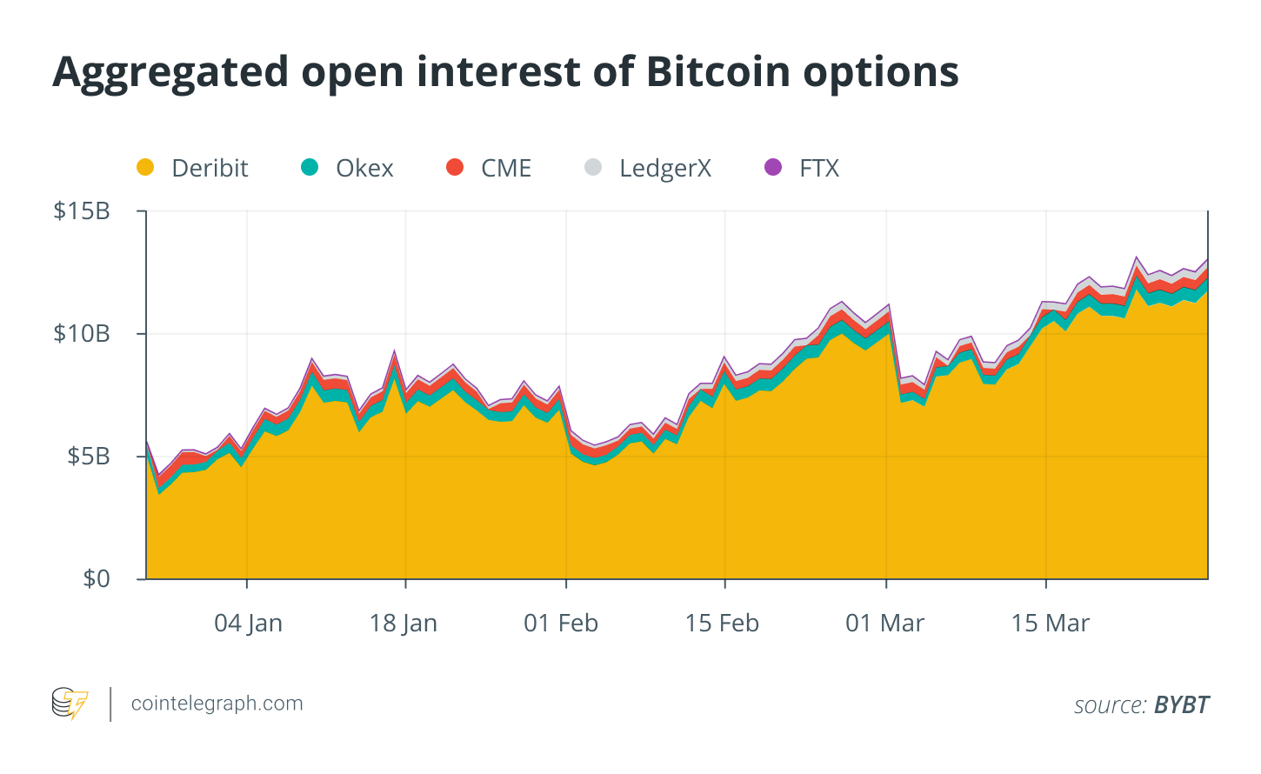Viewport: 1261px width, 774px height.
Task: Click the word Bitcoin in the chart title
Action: (718, 72)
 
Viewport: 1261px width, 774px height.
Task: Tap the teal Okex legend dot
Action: (310, 167)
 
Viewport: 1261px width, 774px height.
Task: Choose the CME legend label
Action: (506, 169)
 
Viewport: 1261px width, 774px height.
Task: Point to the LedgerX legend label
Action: (665, 169)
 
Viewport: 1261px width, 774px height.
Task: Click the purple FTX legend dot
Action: (773, 167)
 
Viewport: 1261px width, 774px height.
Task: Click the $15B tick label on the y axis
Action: (82, 211)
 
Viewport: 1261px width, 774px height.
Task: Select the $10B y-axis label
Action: (82, 334)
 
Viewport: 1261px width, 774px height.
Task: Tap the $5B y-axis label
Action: (89, 456)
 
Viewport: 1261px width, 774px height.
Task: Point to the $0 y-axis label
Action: (96, 578)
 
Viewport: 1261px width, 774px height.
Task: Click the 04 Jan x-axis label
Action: (248, 624)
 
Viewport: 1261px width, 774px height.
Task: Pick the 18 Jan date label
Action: (403, 624)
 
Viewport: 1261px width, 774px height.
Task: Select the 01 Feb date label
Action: (561, 624)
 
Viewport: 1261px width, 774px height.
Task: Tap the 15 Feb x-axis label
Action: (722, 624)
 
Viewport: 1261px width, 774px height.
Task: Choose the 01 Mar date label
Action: (885, 624)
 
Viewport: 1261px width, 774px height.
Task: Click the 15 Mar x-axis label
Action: (1051, 624)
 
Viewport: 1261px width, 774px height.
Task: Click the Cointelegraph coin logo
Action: (70, 703)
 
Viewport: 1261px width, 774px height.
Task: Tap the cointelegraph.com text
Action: (217, 704)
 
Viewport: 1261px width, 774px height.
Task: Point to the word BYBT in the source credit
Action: (1182, 704)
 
